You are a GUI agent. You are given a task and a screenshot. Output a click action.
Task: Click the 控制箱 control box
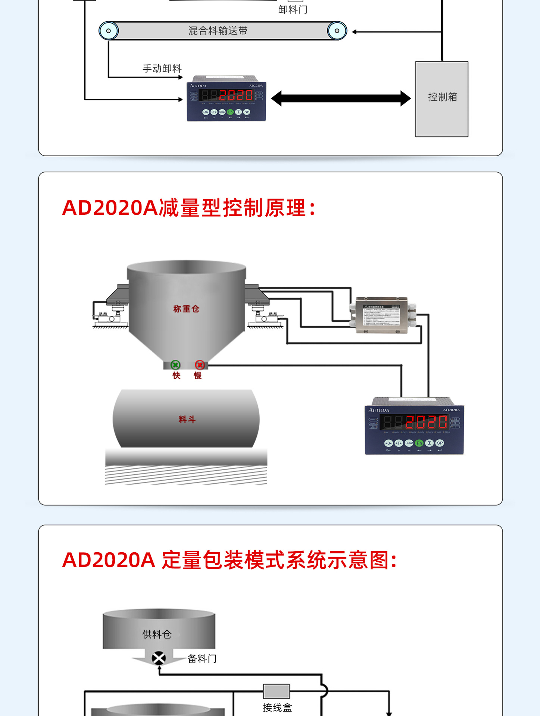pos(442,99)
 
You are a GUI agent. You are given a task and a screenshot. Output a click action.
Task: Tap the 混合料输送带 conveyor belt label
pos(218,31)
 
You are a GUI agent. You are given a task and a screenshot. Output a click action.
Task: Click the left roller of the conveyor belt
pos(109,31)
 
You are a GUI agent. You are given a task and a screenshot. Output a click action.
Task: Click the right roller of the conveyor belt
pos(337,31)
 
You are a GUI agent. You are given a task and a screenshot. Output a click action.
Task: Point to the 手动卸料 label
pos(162,69)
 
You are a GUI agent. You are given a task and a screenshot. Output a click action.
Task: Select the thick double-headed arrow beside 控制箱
pos(341,98)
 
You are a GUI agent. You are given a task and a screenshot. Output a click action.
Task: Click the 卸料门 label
pos(293,9)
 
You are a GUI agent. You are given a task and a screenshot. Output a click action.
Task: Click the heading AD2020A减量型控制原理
pos(189,208)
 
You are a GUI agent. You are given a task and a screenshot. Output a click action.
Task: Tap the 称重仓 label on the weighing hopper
pos(186,309)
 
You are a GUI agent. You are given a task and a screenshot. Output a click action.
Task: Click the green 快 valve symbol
pos(175,365)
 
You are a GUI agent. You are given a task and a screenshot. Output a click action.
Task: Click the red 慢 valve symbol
pos(200,365)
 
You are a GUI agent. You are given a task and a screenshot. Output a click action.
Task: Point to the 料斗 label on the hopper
pos(187,420)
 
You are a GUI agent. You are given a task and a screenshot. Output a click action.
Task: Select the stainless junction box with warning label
pos(381,315)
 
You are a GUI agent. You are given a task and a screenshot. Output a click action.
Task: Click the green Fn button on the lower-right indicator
pos(419,443)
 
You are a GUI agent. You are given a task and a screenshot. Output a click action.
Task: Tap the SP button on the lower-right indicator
pos(440,443)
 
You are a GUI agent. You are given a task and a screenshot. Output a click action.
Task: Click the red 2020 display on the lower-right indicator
pos(426,422)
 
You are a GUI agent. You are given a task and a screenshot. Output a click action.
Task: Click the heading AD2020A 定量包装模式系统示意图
pos(230,560)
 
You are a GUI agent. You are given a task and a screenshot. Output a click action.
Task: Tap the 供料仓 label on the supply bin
pos(157,634)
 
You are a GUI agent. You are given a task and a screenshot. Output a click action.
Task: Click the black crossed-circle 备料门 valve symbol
pos(159,658)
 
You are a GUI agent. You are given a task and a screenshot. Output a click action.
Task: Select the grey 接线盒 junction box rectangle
pos(277,691)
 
